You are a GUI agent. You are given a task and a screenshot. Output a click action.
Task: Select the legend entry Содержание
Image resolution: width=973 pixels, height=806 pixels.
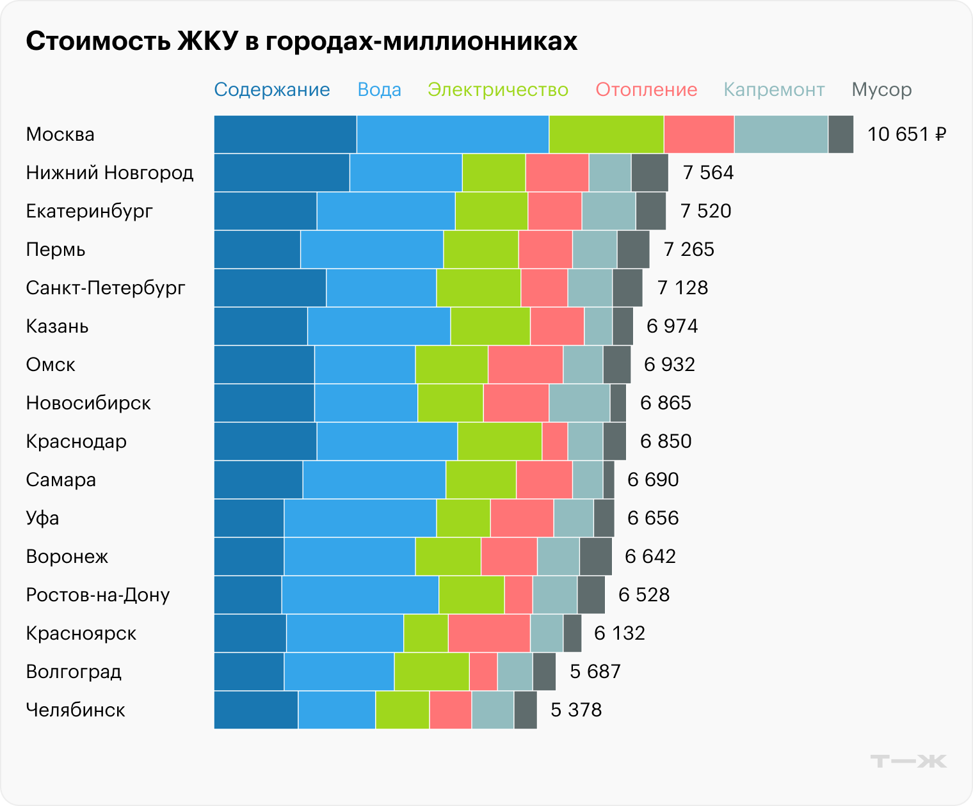[x=272, y=90]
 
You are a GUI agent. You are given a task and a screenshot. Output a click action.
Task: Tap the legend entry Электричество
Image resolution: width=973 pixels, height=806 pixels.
[x=498, y=90]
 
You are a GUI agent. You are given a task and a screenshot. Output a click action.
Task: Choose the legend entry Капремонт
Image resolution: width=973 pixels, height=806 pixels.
[x=774, y=90]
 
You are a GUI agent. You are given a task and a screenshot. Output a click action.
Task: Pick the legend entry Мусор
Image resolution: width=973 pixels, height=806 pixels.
[x=881, y=90]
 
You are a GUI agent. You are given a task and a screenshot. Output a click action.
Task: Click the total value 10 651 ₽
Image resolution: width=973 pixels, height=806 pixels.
[x=906, y=134]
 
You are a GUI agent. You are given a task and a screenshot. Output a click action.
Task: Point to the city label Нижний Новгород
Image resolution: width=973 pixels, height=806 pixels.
[x=109, y=173]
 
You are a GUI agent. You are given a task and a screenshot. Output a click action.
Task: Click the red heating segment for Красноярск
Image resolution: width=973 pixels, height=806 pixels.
[x=489, y=633]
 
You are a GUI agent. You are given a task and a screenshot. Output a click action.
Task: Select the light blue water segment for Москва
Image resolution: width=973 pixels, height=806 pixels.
[x=453, y=134]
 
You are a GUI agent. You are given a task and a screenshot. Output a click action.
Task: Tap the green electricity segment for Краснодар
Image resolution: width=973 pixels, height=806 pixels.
[x=500, y=441]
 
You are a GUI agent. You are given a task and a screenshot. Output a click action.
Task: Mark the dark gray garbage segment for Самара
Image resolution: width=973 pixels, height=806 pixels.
[x=609, y=480]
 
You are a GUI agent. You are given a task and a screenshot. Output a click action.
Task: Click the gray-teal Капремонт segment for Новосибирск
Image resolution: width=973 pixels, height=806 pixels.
[x=579, y=403]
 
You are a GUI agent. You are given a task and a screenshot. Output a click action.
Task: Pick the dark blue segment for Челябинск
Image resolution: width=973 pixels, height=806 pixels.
[x=256, y=710]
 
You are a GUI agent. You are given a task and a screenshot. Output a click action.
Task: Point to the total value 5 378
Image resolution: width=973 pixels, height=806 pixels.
[x=576, y=710]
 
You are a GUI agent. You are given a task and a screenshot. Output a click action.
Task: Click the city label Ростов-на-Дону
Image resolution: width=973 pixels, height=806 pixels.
[x=98, y=595]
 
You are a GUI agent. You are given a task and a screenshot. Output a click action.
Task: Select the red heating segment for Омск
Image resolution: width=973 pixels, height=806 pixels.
[x=526, y=365]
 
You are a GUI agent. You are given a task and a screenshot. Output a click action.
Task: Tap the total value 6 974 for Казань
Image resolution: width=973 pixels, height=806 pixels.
[x=672, y=326]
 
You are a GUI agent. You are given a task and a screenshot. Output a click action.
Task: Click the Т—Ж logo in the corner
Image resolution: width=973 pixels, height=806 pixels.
[x=908, y=761]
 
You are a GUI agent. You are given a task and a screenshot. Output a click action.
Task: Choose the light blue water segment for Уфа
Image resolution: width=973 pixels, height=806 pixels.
[x=360, y=518]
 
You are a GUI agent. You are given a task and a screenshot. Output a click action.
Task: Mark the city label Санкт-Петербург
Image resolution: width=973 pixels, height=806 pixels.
[x=106, y=288]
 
